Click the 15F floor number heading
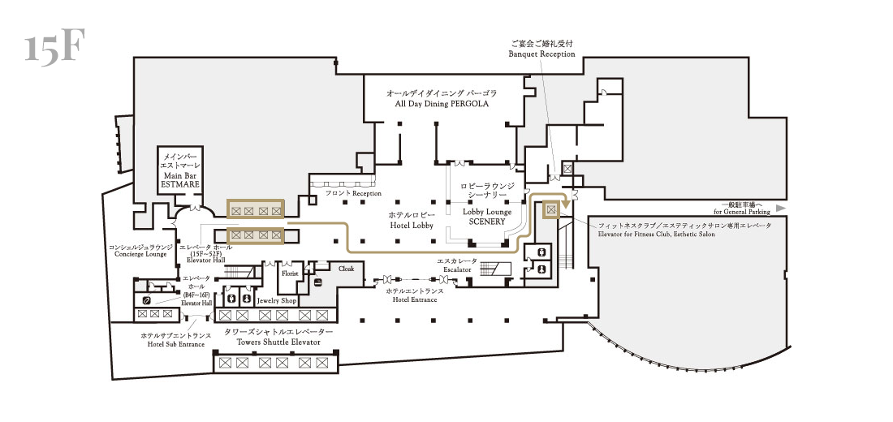[54, 47]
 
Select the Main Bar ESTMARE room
[180, 170]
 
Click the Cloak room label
[347, 269]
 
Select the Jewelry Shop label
[277, 301]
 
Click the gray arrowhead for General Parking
[781, 209]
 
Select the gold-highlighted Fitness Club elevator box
[550, 209]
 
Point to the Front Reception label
[353, 194]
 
